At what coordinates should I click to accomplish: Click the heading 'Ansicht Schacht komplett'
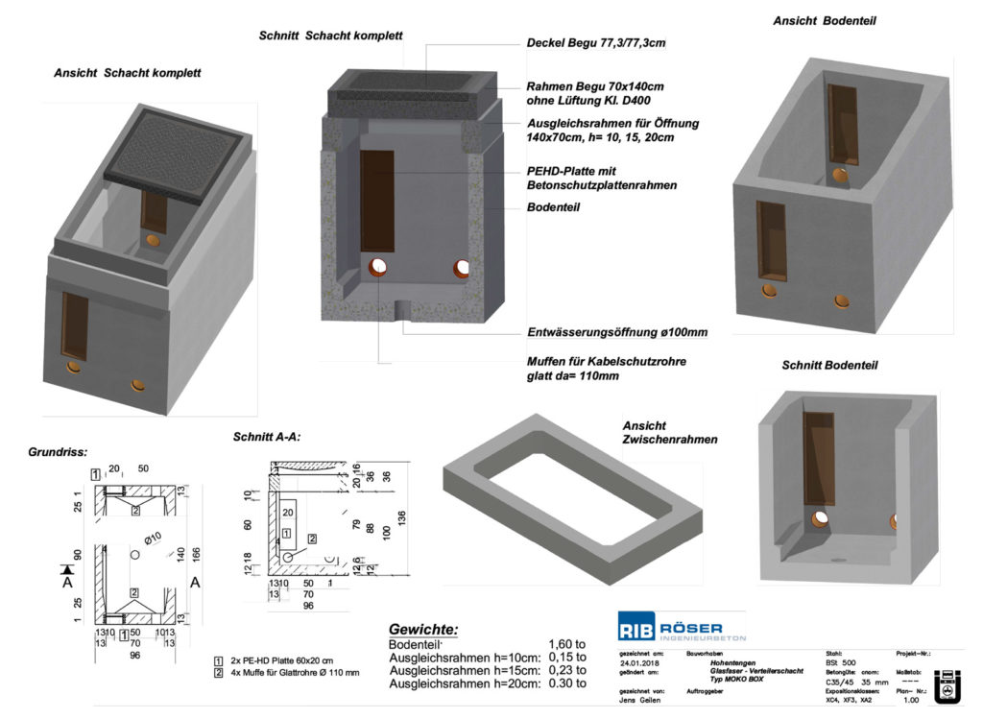click(127, 73)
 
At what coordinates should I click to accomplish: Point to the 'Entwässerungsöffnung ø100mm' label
click(617, 332)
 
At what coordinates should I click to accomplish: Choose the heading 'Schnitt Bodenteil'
click(829, 365)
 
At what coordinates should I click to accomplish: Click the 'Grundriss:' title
click(59, 450)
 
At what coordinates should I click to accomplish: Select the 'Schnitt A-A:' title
click(267, 437)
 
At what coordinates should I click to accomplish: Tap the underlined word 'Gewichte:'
click(422, 629)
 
